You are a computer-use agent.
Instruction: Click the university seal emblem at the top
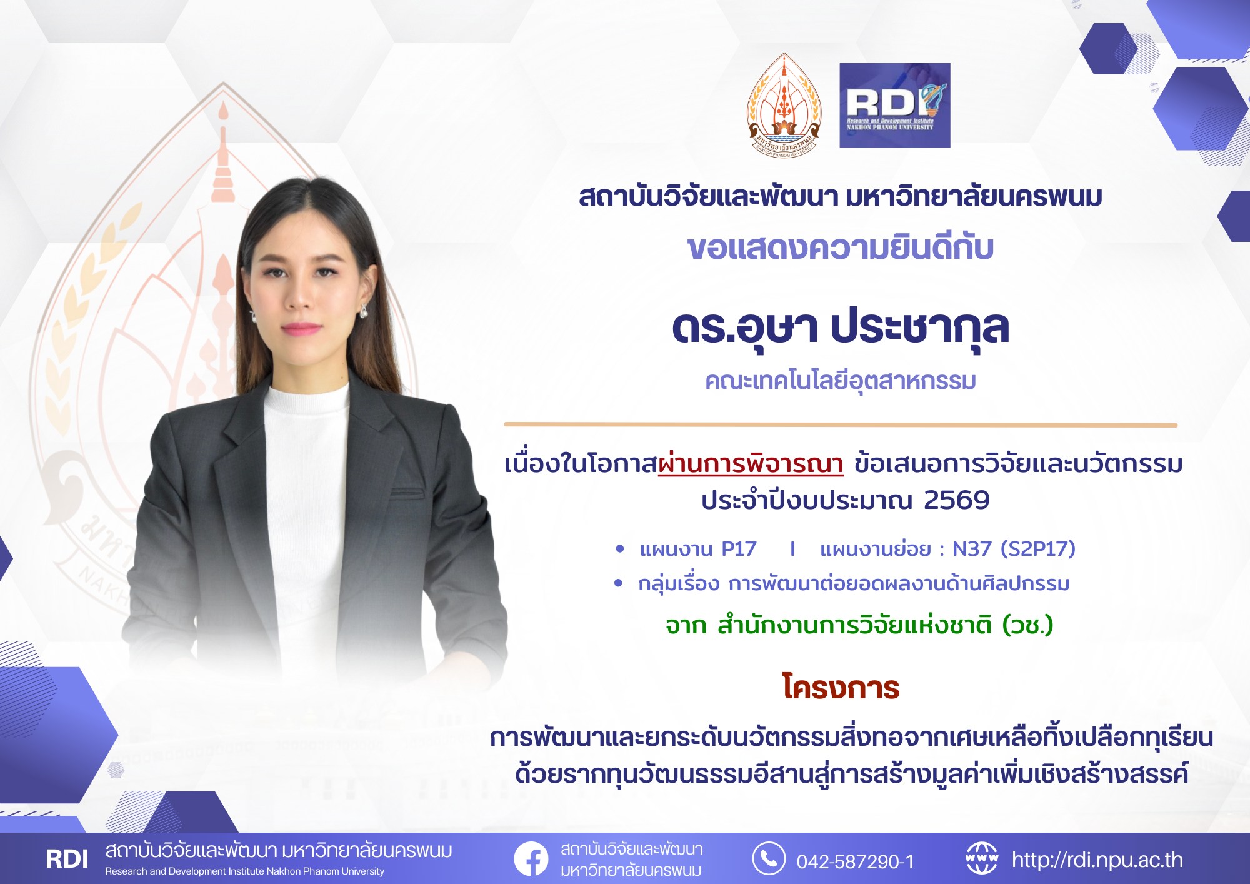(784, 105)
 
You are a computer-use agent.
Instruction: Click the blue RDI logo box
(894, 105)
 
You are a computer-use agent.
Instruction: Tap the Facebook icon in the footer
(531, 859)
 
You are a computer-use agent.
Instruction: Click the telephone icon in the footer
(768, 858)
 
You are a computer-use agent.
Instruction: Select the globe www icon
(981, 858)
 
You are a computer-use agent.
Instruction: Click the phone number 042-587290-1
(855, 862)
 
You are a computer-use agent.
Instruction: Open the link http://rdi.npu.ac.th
(1097, 860)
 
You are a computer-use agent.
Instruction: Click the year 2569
(956, 500)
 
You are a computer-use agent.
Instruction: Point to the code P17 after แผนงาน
(739, 549)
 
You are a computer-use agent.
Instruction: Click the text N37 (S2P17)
(1013, 549)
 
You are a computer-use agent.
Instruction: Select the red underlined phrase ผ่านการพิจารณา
(751, 465)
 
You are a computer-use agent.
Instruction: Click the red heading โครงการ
(841, 688)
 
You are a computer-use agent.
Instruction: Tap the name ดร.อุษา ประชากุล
(841, 328)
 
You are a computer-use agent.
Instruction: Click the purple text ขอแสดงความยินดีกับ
(841, 248)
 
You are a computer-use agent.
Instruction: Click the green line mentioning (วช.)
(859, 625)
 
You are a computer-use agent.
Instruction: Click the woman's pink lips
(301, 328)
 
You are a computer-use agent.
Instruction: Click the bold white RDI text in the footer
(67, 860)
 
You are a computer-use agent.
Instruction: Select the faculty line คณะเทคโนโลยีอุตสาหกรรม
(841, 381)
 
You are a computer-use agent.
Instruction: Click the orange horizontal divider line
(841, 425)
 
